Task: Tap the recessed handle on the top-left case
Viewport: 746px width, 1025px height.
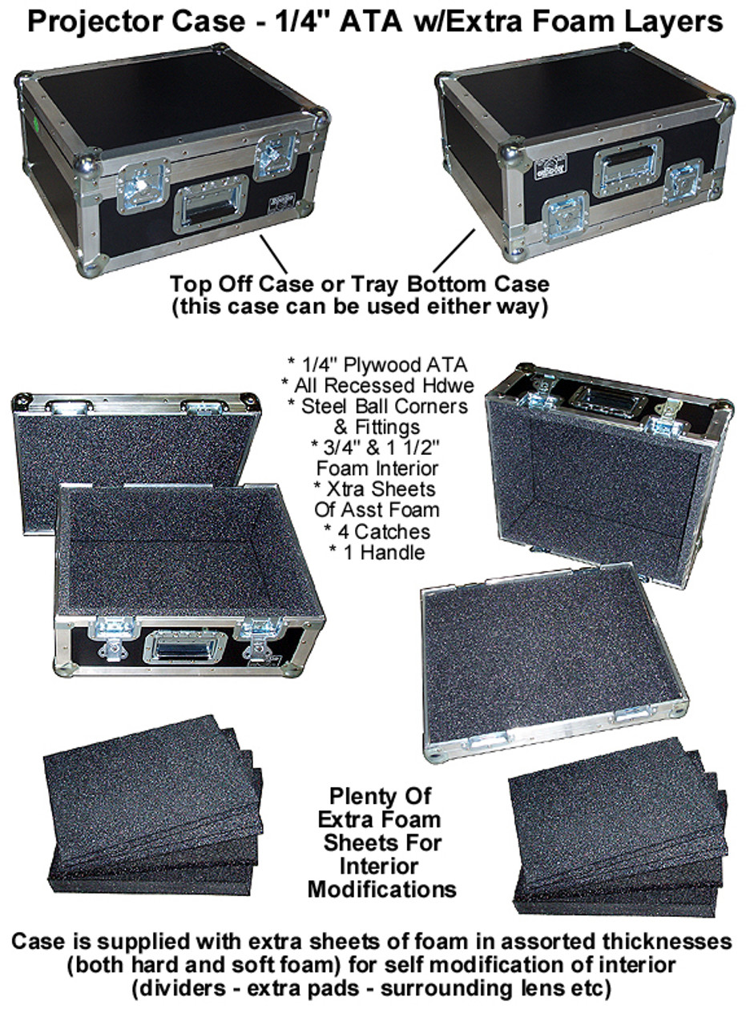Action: pyautogui.click(x=211, y=204)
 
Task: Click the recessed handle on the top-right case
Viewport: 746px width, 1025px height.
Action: pyautogui.click(x=628, y=167)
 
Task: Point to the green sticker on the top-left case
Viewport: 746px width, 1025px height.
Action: pyautogui.click(x=35, y=123)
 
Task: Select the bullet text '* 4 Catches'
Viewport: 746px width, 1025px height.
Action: pyautogui.click(x=377, y=531)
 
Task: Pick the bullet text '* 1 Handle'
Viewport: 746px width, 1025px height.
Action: pyautogui.click(x=377, y=553)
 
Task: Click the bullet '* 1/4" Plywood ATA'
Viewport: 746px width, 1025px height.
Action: pyautogui.click(x=377, y=364)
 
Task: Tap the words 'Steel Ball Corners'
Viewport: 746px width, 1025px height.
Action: pyautogui.click(x=385, y=406)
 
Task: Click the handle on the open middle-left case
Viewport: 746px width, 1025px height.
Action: pyautogui.click(x=185, y=647)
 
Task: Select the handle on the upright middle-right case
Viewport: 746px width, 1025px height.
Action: pyautogui.click(x=608, y=402)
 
